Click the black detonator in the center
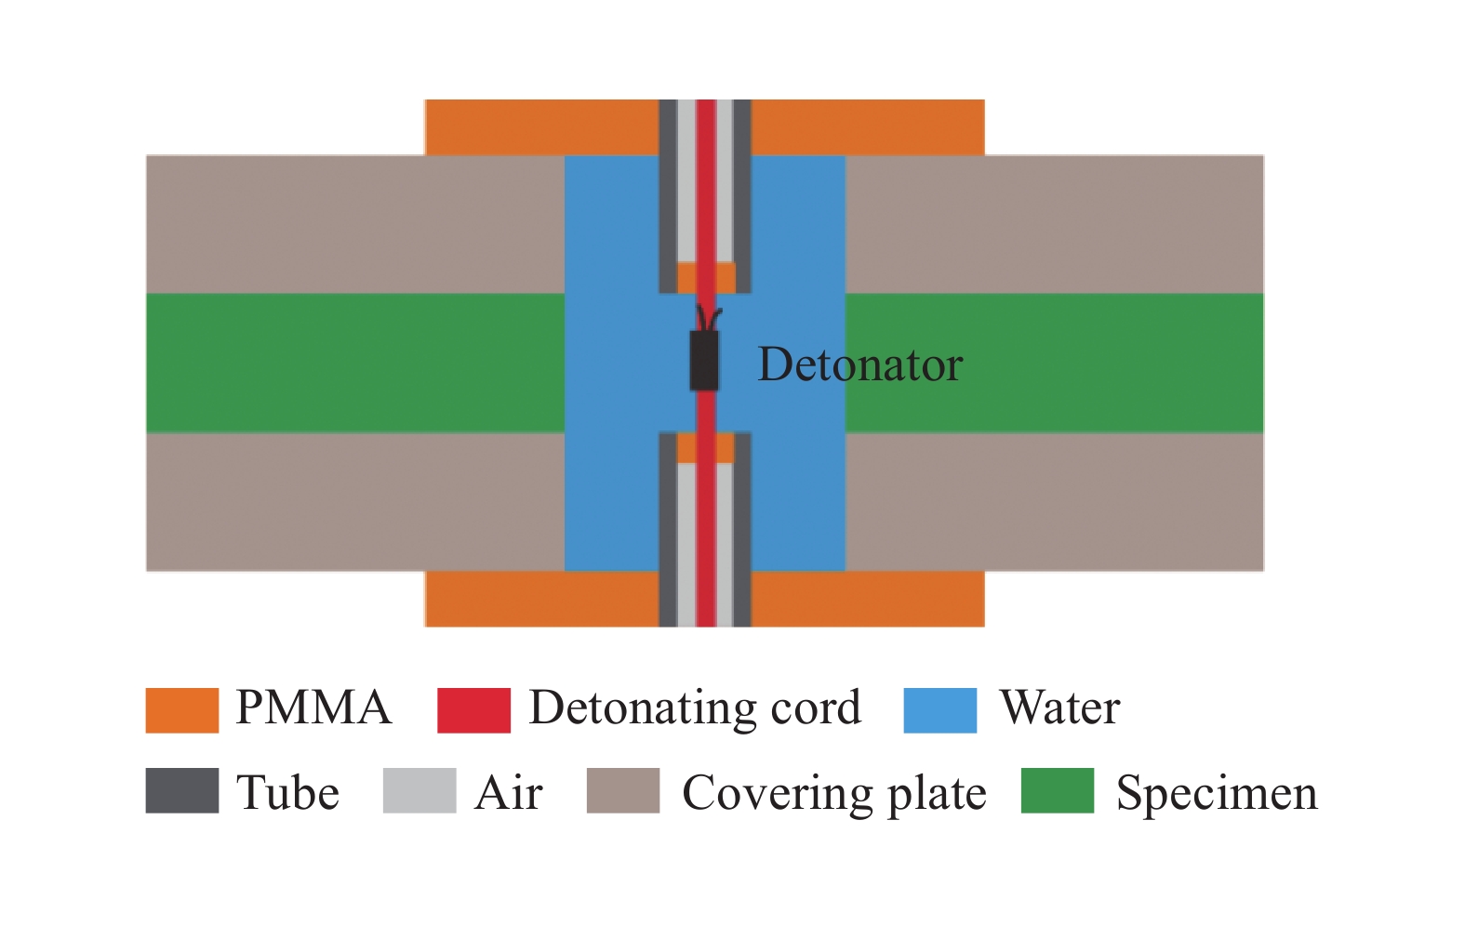(x=704, y=361)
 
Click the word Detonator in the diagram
(x=859, y=364)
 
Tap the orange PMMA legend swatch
(x=182, y=710)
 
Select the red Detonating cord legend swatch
(x=473, y=710)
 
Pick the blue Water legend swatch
(x=939, y=710)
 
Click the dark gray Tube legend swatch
(x=182, y=790)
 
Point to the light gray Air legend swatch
(x=420, y=790)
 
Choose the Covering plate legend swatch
(x=623, y=790)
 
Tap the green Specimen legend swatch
(x=1057, y=790)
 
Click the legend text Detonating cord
(x=695, y=708)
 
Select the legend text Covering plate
(x=833, y=794)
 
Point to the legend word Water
(x=1059, y=708)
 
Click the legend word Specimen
(x=1217, y=794)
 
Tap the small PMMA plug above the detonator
(x=686, y=277)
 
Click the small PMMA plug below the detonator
(x=686, y=448)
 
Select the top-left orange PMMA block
(x=541, y=127)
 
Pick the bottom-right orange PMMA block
(x=867, y=599)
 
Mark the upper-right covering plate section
(x=1054, y=224)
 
